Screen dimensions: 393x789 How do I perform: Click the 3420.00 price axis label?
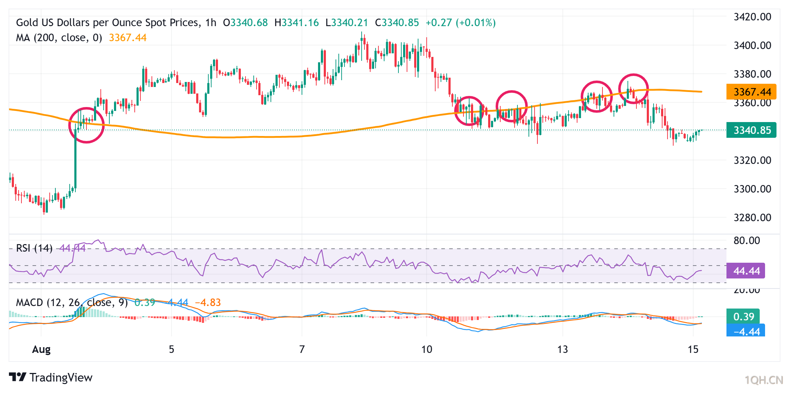pos(752,17)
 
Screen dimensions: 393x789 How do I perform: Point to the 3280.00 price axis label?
pos(752,217)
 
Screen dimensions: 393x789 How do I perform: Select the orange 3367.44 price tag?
pos(751,92)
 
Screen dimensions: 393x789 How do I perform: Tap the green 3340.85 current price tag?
pos(751,130)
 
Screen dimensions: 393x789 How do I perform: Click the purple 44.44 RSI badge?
pos(746,271)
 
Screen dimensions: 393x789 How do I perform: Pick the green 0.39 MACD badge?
pos(743,316)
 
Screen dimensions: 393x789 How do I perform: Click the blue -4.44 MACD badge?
pos(746,331)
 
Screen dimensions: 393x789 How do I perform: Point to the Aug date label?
pos(41,349)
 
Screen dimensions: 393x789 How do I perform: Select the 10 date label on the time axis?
pos(427,349)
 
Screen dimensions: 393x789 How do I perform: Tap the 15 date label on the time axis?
pos(693,349)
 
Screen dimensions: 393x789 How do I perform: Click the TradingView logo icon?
pos(18,377)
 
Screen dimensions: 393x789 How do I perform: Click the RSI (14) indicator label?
pos(34,248)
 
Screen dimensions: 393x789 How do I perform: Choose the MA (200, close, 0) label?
pos(59,38)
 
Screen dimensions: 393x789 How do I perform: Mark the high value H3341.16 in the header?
pos(297,23)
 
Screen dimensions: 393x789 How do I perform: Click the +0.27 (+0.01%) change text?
pos(461,23)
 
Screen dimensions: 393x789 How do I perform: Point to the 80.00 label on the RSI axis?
pos(747,241)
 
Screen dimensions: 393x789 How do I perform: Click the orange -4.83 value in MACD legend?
pos(208,303)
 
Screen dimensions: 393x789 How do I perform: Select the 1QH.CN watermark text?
pos(764,380)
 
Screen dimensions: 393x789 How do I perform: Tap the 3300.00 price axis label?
pos(752,189)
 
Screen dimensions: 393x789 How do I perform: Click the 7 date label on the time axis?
pos(302,349)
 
